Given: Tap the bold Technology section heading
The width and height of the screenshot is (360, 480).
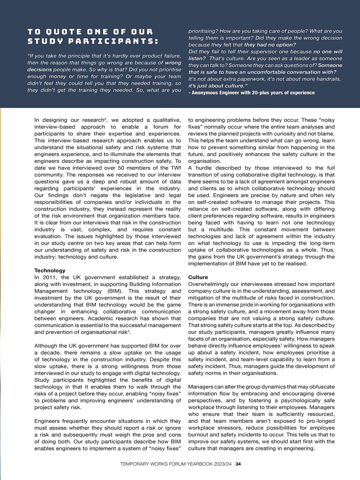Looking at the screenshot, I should (x=50, y=271).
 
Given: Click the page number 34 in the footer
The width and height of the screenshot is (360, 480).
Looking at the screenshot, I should (x=238, y=464).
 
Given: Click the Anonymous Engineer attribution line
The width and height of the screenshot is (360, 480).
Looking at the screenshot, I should (x=252, y=93).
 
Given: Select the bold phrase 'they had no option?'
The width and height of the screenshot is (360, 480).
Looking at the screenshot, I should (x=270, y=44).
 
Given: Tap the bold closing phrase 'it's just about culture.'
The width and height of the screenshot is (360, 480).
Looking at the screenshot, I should (x=218, y=86).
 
